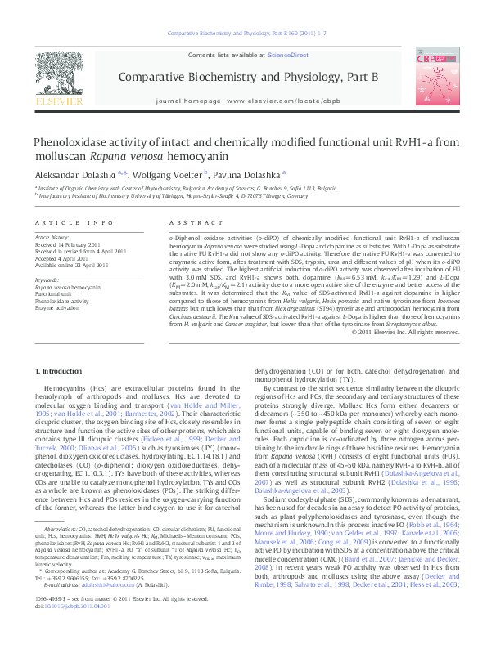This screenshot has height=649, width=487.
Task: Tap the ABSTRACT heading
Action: coord(189,222)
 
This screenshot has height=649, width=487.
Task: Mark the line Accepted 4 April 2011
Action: coord(64,257)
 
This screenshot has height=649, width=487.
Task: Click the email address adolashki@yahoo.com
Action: coord(89,607)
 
